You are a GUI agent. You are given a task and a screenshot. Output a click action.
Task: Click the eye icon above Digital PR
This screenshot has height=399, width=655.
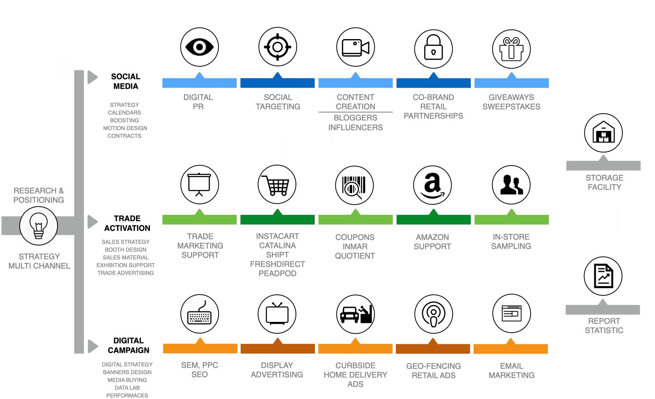coord(199,47)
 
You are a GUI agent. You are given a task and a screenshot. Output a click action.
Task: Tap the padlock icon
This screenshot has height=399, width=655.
coord(433,48)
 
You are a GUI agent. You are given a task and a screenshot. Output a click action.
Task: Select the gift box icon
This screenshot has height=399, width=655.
coord(511,49)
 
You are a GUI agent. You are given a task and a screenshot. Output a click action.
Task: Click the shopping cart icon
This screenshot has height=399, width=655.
coord(277,185)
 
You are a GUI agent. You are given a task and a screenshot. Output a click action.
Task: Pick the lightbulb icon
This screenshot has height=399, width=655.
coord(38,226)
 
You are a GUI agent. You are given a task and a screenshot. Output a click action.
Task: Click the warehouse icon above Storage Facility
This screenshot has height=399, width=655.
coord(603,133)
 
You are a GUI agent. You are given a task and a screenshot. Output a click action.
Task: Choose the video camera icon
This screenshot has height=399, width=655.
coord(356,47)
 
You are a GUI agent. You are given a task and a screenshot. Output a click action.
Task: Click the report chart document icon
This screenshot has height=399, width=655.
coord(603,276)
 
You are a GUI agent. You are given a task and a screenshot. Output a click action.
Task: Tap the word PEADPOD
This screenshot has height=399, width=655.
coord(277,273)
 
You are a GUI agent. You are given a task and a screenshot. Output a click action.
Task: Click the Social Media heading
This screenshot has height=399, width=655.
coord(125,81)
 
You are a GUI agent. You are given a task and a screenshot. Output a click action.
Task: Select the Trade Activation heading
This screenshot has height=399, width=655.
coord(127,223)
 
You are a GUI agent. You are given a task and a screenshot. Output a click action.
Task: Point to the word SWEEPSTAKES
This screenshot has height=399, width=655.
coord(511,107)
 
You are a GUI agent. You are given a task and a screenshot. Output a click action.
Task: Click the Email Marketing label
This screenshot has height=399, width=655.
coord(511,371)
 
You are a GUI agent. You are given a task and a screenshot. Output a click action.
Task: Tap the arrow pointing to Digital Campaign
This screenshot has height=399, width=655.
coord(93,346)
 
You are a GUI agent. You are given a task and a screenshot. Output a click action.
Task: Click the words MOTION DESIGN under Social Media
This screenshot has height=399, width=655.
coord(125,128)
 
